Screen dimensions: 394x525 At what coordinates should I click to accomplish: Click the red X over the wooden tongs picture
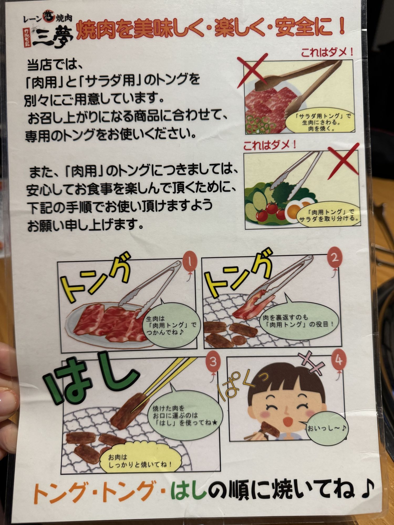[x=253, y=71]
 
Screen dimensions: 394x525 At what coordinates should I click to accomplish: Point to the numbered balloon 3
[x=213, y=363]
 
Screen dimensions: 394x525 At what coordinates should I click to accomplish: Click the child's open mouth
[x=288, y=421]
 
